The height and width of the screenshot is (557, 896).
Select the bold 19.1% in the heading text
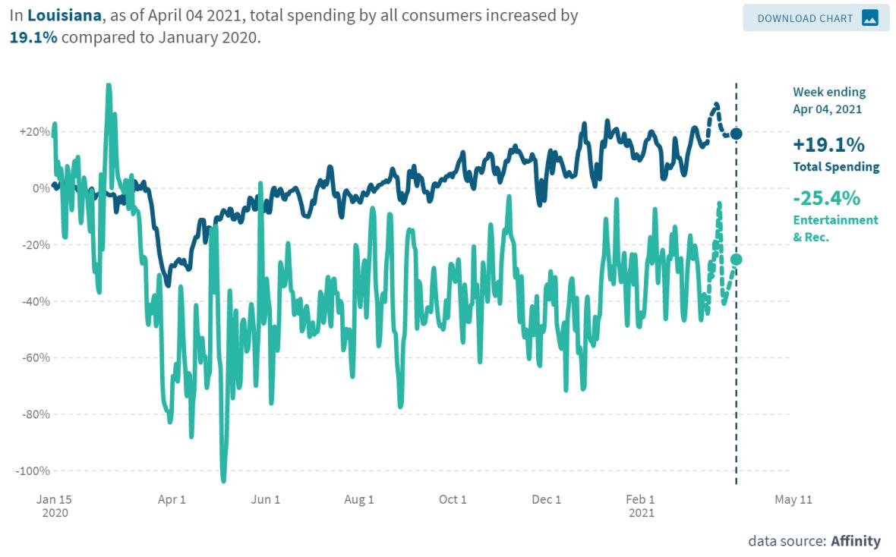32,37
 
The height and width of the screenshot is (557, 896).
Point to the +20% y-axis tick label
35,131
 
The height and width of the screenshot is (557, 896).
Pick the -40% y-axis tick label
35,301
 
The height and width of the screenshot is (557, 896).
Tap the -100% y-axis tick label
33,470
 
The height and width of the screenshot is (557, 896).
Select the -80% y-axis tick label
35,414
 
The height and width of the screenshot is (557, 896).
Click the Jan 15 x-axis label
55,499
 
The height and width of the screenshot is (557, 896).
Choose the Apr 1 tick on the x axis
172,499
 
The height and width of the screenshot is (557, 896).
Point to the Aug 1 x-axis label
359,499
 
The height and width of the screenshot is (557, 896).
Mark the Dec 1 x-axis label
546,499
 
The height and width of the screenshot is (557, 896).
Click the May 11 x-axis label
793,499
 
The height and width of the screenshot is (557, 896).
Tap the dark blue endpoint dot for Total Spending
736,134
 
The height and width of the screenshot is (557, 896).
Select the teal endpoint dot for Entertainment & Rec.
736,260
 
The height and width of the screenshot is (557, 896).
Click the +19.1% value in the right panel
828,145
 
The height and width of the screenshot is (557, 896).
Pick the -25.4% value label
826,199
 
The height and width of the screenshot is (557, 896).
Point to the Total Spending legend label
836,167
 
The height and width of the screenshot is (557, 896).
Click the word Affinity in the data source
855,541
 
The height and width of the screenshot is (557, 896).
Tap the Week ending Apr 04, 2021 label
829,100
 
